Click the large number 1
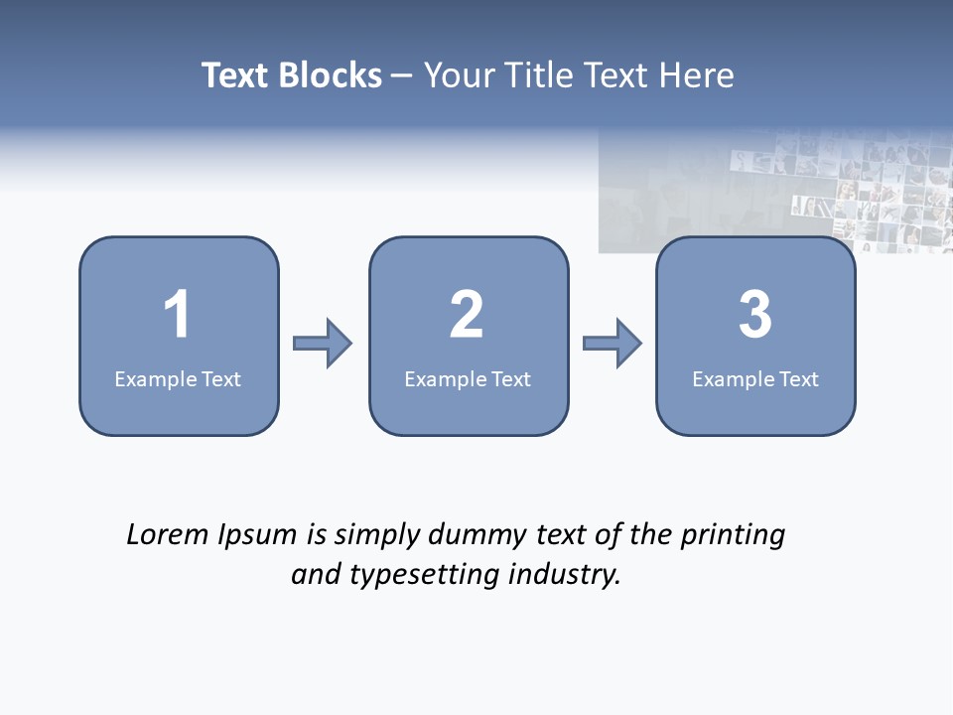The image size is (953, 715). (177, 315)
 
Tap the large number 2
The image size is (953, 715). (467, 315)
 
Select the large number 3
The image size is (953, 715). (755, 315)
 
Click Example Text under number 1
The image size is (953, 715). (178, 378)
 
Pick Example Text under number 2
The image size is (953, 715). (468, 378)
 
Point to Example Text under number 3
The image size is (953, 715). (755, 378)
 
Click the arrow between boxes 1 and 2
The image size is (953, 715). (323, 344)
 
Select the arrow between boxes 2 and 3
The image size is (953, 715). (613, 344)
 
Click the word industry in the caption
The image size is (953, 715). (564, 574)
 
